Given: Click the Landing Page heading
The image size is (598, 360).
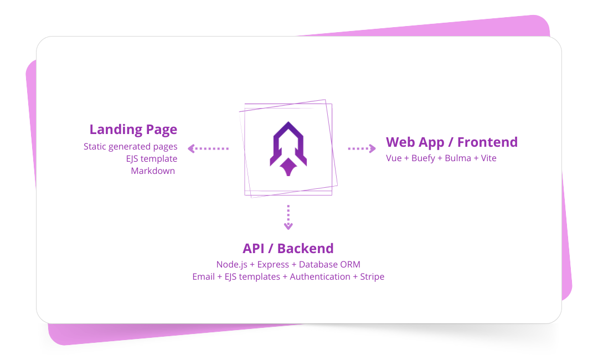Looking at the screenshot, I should click(x=133, y=130).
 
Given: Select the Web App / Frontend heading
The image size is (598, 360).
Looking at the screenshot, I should click(x=452, y=142).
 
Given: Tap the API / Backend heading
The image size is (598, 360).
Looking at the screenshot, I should click(x=288, y=248).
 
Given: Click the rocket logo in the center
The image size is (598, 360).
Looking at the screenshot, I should click(x=288, y=148).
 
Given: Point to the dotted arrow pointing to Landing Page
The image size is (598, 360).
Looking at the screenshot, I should click(x=208, y=148).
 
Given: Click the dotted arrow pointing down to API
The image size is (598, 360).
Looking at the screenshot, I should click(x=288, y=217).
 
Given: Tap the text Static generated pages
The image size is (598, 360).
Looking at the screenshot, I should click(x=131, y=147).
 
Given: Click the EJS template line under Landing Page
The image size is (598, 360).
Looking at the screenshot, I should click(x=152, y=159).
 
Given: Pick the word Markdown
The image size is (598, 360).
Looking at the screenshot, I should click(x=153, y=171).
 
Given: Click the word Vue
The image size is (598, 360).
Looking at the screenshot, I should click(x=394, y=158).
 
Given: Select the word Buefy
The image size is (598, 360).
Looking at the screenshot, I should click(x=424, y=158).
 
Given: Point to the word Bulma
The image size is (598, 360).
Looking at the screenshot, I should click(x=458, y=158).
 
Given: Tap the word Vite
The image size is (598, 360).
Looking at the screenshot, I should click(x=488, y=158).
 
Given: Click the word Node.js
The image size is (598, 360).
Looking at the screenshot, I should click(x=231, y=265).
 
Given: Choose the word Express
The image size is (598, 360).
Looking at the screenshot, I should click(x=273, y=265).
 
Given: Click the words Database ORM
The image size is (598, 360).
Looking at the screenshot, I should click(x=329, y=265).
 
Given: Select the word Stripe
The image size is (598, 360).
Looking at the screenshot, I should click(x=372, y=276).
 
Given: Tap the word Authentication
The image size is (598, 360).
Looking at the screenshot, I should click(x=320, y=276).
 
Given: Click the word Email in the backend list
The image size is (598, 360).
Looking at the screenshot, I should click(x=203, y=276).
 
